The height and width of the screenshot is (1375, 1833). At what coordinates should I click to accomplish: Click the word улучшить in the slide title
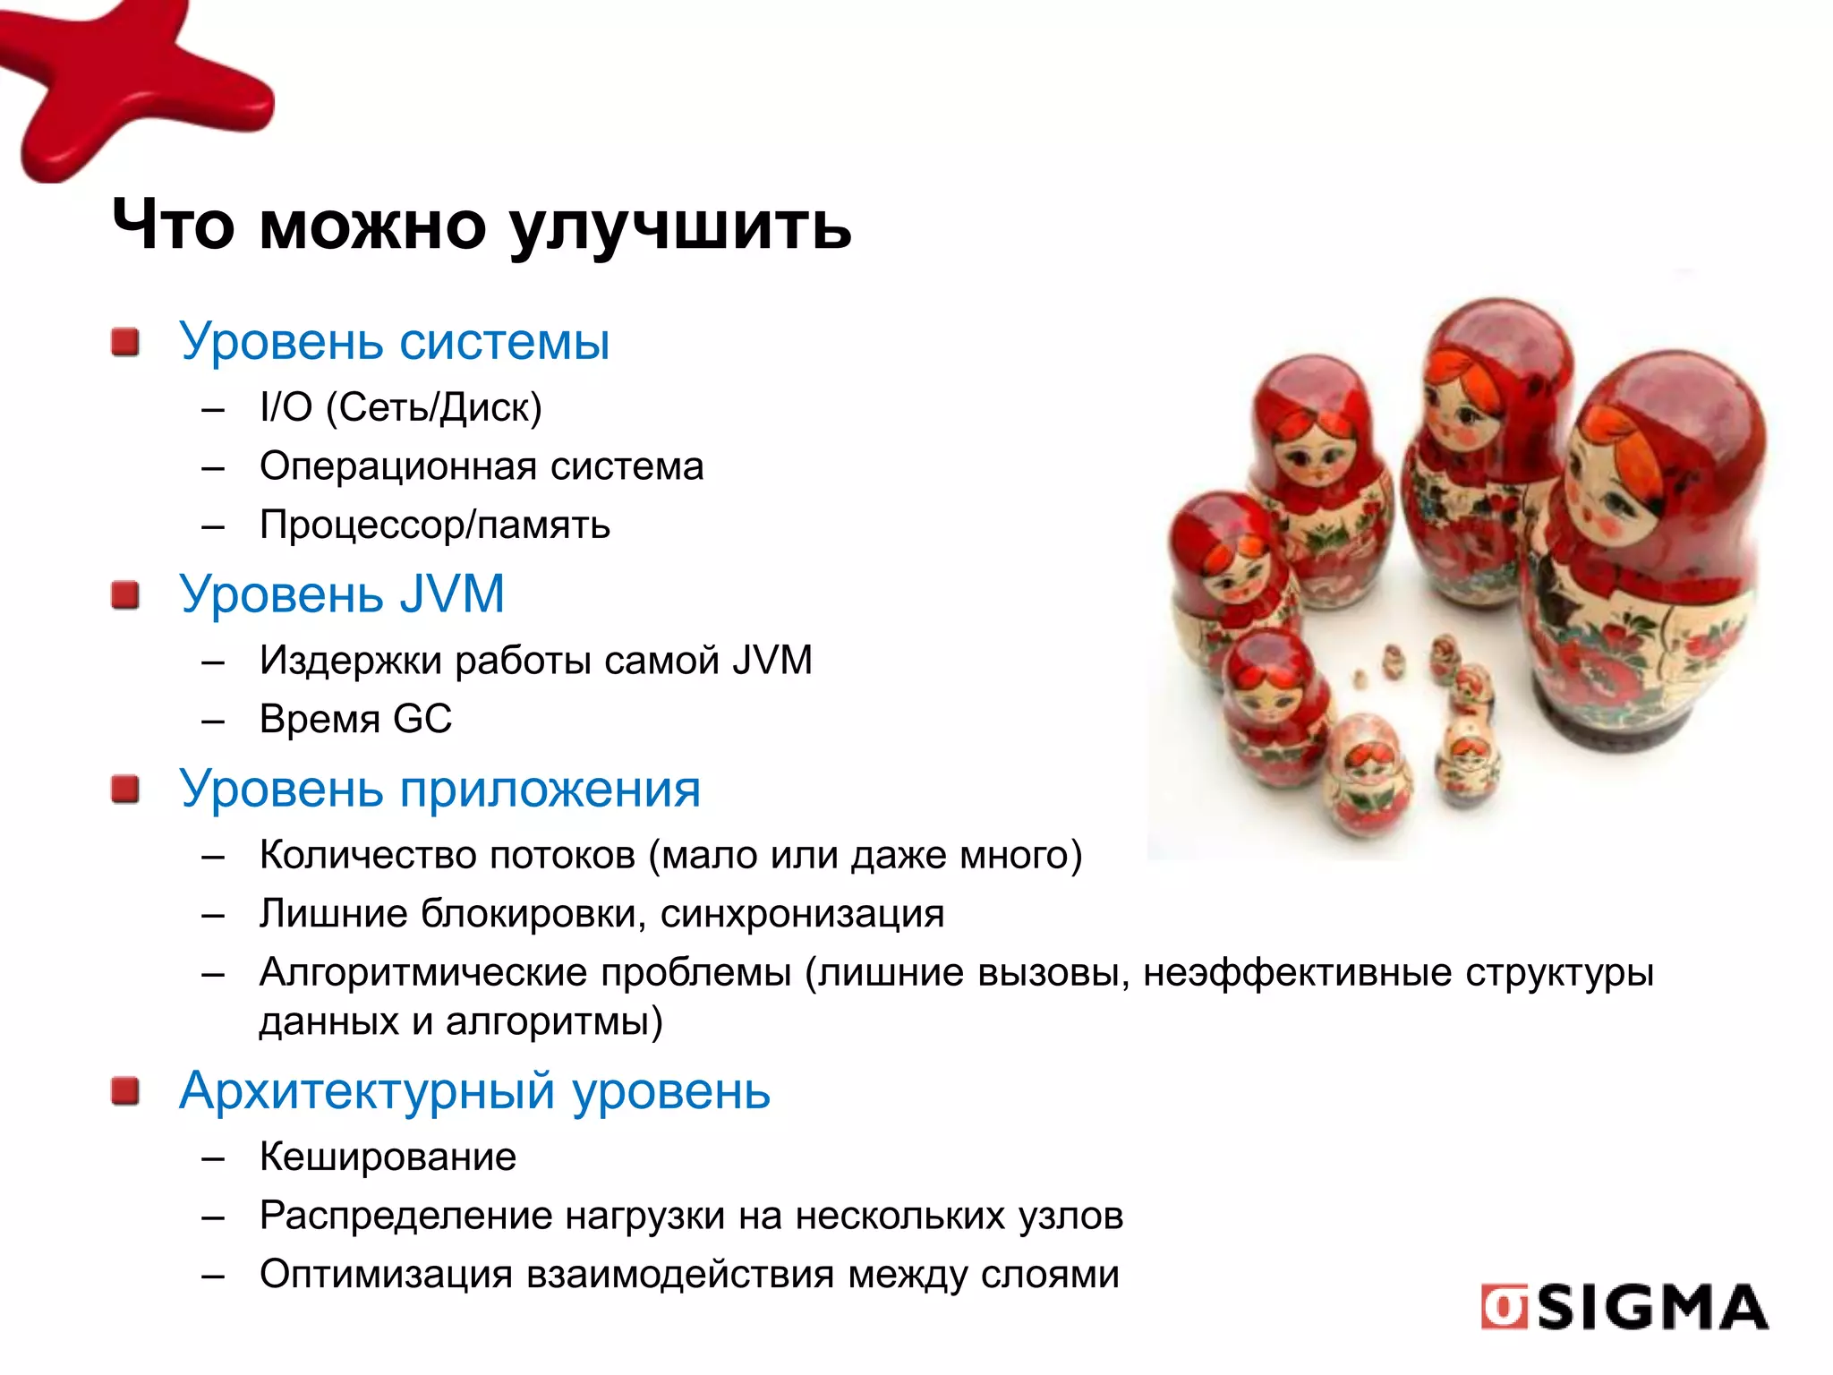[x=681, y=226]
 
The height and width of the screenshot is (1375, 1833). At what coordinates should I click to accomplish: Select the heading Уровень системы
[x=394, y=341]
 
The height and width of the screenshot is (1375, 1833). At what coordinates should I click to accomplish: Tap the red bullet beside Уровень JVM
[x=126, y=595]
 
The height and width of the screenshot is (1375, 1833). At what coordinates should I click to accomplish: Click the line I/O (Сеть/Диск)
[x=400, y=407]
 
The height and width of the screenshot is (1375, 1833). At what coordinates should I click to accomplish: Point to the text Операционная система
[x=482, y=466]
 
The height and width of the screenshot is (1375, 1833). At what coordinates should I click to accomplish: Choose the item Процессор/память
[x=434, y=525]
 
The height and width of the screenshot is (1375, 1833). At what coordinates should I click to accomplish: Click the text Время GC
[x=355, y=719]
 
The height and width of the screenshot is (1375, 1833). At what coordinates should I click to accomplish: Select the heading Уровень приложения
[x=439, y=790]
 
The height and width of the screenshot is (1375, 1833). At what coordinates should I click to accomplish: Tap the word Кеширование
[x=388, y=1157]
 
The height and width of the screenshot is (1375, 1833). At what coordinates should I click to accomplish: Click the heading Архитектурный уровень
[x=474, y=1091]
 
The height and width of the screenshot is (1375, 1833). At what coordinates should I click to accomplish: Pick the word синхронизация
[x=802, y=914]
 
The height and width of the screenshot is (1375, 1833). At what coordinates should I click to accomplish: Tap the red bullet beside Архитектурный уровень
[x=126, y=1092]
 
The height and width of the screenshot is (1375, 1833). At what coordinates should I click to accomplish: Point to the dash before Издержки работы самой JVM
[x=213, y=662]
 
